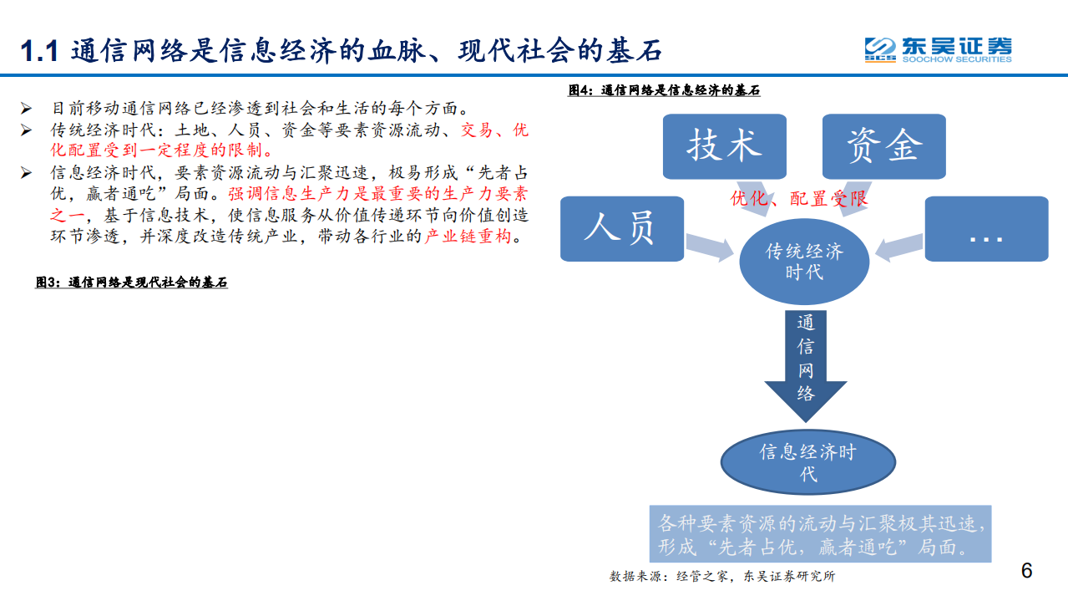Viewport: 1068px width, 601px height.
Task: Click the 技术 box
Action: coord(724,145)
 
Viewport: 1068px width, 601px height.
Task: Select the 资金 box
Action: coord(883,145)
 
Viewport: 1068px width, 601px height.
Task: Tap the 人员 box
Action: coord(621,227)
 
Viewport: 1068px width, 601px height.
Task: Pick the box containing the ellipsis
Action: coord(985,227)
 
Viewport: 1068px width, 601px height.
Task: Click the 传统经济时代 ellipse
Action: coord(804,262)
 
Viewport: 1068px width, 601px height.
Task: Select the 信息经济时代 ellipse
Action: coord(807,463)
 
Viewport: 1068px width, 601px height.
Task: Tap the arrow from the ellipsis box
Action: coord(898,245)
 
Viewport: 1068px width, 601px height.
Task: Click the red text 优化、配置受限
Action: coord(799,198)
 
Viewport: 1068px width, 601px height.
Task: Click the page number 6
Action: coord(1026,571)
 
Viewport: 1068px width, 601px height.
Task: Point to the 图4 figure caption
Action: coord(664,90)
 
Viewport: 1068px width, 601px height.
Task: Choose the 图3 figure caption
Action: coord(131,283)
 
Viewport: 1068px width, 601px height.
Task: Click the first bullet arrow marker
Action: coord(26,109)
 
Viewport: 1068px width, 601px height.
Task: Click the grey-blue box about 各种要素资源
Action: coord(820,535)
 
